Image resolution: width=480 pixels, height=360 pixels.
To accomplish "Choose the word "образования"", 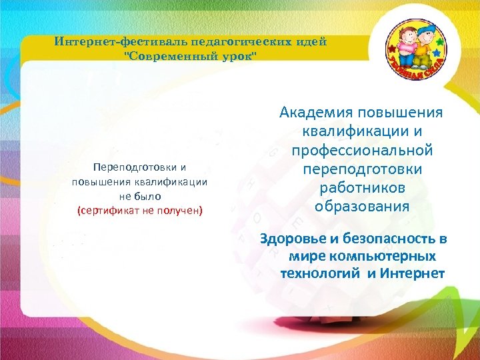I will (361, 207).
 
